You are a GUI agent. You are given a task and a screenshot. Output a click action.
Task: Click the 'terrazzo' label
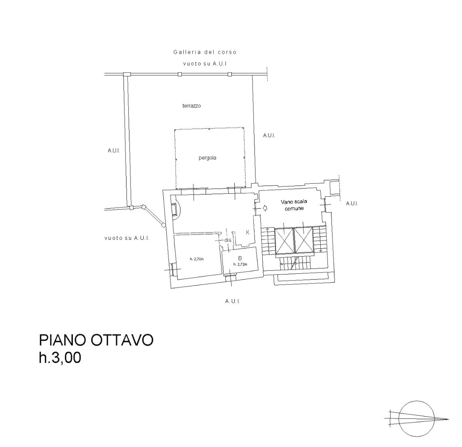191,106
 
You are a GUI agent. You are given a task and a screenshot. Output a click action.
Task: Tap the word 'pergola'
207,158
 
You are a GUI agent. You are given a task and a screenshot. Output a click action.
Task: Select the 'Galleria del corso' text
205,52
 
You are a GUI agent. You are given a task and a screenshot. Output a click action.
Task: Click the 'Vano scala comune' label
294,205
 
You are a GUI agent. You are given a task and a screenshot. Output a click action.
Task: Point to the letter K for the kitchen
248,233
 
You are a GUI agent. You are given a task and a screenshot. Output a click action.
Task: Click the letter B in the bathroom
240,258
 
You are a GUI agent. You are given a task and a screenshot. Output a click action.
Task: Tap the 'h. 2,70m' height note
197,259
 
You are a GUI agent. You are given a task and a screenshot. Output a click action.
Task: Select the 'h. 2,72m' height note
240,264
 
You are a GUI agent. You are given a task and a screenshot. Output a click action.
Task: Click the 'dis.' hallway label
228,240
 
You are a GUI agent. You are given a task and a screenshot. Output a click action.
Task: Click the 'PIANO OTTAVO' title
96,340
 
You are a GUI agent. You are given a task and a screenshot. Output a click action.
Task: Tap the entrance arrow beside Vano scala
265,208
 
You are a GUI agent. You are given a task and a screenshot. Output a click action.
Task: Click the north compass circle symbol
416,419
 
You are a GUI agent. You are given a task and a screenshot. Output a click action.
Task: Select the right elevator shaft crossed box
304,240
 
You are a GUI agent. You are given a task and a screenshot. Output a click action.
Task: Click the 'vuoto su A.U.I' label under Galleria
205,64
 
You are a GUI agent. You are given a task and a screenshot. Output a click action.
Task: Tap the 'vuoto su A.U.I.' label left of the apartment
127,238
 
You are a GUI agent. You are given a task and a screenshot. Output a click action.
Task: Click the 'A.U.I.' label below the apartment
233,301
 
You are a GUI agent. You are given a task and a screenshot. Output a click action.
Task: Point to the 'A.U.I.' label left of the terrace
114,151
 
